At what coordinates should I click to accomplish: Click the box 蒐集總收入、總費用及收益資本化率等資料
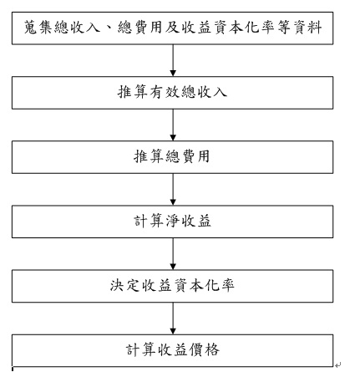coord(172,28)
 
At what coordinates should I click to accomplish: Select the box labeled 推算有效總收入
coord(172,93)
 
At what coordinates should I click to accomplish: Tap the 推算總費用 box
coord(172,157)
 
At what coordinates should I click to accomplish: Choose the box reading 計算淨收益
coord(172,222)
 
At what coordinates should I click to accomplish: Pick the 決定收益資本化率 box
coord(172,286)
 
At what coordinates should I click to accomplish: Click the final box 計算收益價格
coord(172,350)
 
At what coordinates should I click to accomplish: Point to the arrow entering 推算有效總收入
coord(173,60)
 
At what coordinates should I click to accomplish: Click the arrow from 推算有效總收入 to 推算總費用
coord(173,125)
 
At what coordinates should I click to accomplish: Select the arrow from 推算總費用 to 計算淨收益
coord(173,190)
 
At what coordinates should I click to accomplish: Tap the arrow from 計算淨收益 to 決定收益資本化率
coord(173,254)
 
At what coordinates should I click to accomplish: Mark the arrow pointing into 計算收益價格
coord(173,318)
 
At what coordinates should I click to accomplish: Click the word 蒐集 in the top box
coord(38,28)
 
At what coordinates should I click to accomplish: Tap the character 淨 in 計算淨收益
coord(172,221)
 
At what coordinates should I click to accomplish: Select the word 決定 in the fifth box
coord(124,285)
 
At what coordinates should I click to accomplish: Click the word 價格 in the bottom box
coord(204,350)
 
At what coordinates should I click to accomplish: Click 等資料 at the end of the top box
coord(300,28)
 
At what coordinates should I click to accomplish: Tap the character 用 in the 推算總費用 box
coord(204,156)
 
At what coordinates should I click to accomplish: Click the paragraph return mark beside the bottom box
coord(338,364)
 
